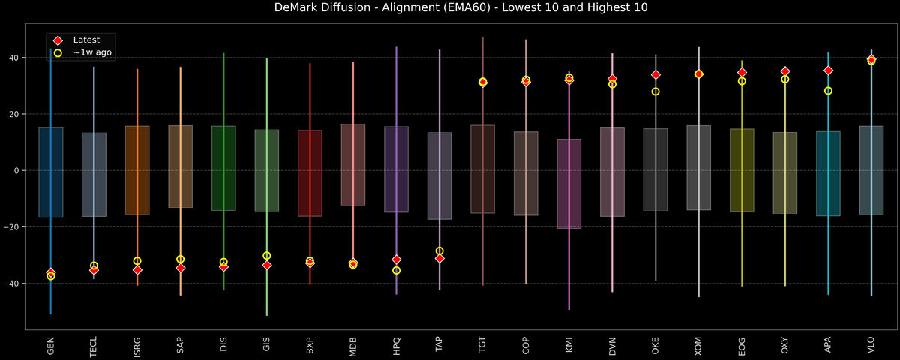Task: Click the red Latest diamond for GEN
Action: pyautogui.click(x=50, y=272)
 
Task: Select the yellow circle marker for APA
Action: pyautogui.click(x=828, y=91)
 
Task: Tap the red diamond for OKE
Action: pyautogui.click(x=655, y=74)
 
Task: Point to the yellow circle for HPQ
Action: pyautogui.click(x=396, y=270)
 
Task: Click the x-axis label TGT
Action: pyautogui.click(x=483, y=344)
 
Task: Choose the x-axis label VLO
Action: pyautogui.click(x=871, y=344)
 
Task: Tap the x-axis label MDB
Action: pyautogui.click(x=353, y=344)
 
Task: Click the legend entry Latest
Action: pyautogui.click(x=86, y=40)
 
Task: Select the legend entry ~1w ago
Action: pyautogui.click(x=92, y=52)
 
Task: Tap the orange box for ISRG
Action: pyautogui.click(x=137, y=170)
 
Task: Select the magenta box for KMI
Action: pyautogui.click(x=569, y=184)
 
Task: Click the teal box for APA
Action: pyautogui.click(x=828, y=173)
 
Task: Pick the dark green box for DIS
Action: pyautogui.click(x=223, y=168)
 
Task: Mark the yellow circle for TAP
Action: pyautogui.click(x=439, y=251)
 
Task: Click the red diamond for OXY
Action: pyautogui.click(x=785, y=71)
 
